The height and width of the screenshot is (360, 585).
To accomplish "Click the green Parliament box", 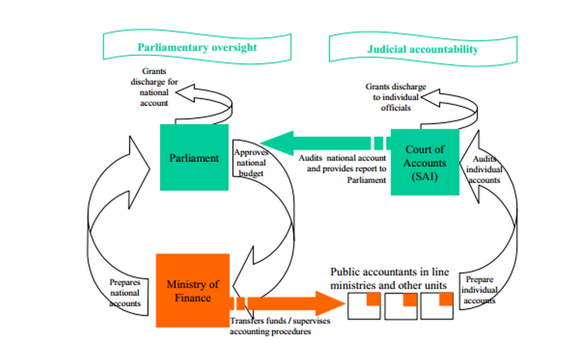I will (194, 157).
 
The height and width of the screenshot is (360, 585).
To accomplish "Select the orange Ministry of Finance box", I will (192, 290).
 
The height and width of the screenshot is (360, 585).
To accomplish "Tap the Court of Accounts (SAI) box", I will (425, 162).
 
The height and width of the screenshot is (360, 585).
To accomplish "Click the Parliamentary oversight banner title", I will (197, 47).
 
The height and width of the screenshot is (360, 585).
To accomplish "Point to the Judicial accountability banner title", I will (423, 49).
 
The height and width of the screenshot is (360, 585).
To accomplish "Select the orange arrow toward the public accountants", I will (294, 304).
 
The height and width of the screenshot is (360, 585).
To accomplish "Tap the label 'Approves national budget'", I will (250, 163).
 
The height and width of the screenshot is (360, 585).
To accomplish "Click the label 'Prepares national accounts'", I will (125, 293).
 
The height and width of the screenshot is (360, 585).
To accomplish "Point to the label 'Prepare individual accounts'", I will (479, 290).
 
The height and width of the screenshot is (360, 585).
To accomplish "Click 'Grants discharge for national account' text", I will (154, 86).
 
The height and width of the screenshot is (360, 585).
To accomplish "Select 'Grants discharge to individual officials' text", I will (395, 97).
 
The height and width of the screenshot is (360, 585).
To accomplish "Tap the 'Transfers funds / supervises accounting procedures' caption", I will (280, 326).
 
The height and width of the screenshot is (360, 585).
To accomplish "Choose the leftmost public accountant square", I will (364, 306).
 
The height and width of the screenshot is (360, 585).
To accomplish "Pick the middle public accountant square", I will (401, 306).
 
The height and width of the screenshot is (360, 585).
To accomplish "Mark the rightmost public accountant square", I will (437, 306).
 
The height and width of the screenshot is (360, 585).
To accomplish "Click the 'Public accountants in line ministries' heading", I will (389, 279).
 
